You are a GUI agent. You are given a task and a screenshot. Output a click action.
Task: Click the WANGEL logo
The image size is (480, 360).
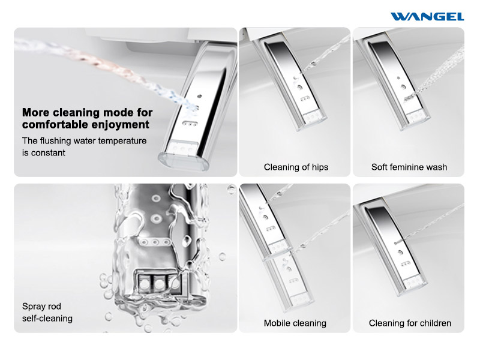(x=427, y=17)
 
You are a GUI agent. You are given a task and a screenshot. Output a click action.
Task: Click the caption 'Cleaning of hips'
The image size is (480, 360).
(x=296, y=167)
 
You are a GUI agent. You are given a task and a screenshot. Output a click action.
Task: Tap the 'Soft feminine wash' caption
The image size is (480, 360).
(x=409, y=167)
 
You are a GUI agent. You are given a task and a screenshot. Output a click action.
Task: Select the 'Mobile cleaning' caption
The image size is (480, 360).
(x=295, y=323)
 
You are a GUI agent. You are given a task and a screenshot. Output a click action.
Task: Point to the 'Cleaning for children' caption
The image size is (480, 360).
(x=410, y=323)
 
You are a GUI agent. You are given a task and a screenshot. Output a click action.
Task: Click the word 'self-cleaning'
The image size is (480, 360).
(x=47, y=319)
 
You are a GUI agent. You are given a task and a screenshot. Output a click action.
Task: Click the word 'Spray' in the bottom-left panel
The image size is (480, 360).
(x=33, y=307)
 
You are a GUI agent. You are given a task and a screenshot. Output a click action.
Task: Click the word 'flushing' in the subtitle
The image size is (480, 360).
(x=55, y=141)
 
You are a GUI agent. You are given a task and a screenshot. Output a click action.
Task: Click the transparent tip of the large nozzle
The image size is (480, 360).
(x=183, y=161)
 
